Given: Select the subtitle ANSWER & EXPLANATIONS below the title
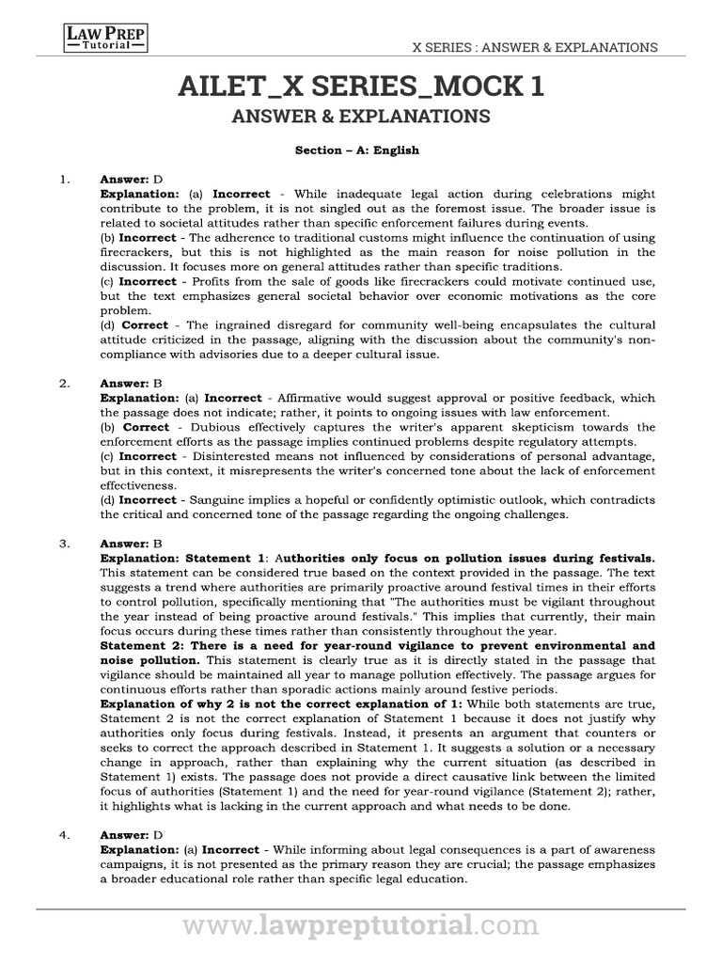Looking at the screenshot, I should pos(361,117).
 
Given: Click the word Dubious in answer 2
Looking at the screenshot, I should pos(202,427).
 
